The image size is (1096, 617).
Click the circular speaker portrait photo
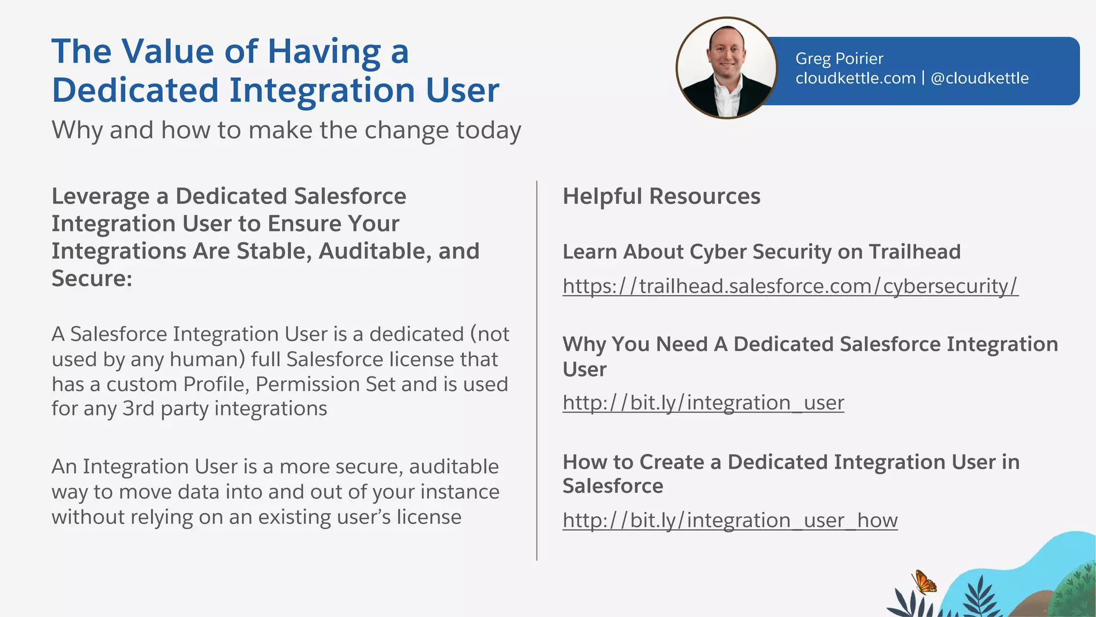click(726, 68)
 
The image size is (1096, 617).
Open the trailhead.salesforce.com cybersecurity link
click(790, 286)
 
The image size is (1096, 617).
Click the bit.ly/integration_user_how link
click(730, 520)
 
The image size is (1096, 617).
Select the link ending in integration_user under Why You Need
click(703, 403)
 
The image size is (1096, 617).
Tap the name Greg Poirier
click(839, 58)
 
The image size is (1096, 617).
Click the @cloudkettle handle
click(979, 78)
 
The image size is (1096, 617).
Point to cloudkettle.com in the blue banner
click(855, 78)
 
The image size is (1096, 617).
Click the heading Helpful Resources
click(661, 196)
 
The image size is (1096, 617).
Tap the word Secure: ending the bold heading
click(92, 279)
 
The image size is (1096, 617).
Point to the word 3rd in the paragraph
click(138, 409)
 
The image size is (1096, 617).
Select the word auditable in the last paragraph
click(453, 466)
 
